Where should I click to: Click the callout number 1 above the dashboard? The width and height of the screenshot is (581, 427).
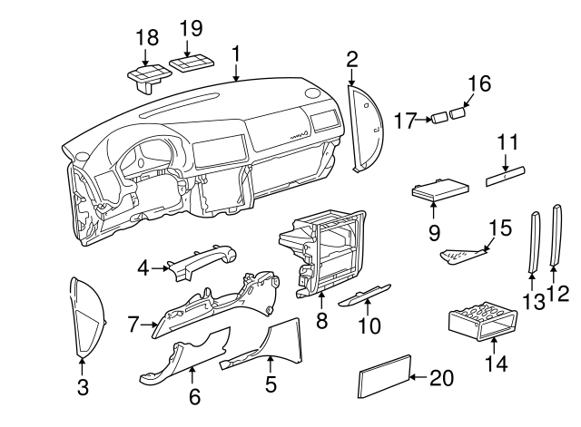[235, 53]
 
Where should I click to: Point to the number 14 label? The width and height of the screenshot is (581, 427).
[497, 364]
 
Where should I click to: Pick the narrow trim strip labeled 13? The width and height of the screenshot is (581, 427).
[533, 242]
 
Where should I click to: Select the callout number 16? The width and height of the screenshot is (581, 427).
[478, 84]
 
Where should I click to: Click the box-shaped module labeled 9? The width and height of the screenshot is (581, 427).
[440, 191]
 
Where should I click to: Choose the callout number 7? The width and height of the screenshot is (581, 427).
[133, 322]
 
